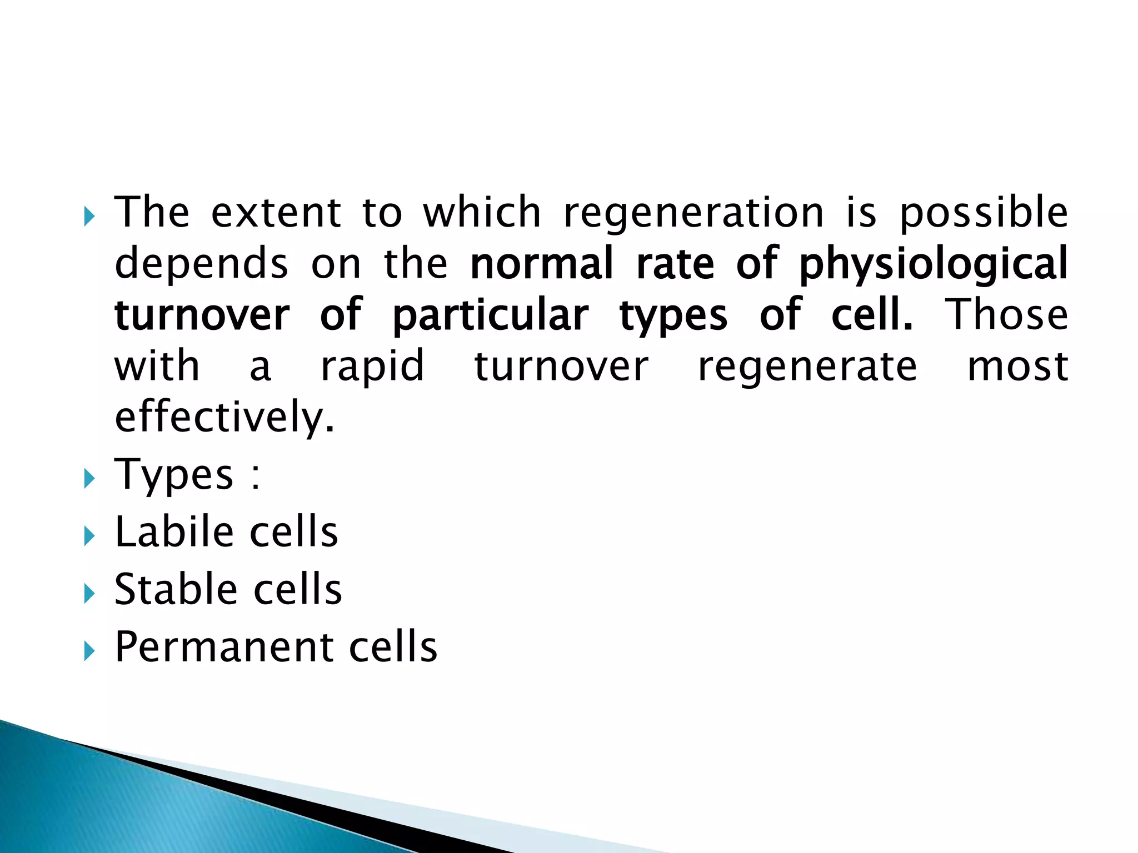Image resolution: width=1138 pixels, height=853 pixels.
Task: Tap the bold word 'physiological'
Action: (933, 264)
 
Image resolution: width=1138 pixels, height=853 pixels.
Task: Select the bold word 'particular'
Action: (490, 316)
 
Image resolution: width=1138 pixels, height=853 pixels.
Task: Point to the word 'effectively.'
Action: (225, 418)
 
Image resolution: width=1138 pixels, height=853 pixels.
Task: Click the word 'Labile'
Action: (174, 532)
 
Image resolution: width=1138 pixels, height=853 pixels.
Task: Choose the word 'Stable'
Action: (176, 589)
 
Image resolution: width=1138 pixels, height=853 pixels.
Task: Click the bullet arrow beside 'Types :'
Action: (89, 478)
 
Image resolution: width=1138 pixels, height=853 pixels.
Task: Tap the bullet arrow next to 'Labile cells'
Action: (89, 536)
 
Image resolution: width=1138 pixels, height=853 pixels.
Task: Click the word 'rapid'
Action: (373, 367)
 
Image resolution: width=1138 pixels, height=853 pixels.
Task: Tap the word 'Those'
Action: (1007, 315)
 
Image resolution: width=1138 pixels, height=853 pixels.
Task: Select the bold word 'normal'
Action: (542, 264)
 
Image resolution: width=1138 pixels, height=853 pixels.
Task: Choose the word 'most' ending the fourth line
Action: (1018, 367)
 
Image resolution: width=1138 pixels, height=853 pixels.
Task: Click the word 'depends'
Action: (201, 264)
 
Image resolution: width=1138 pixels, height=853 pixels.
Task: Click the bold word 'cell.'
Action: (872, 315)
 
